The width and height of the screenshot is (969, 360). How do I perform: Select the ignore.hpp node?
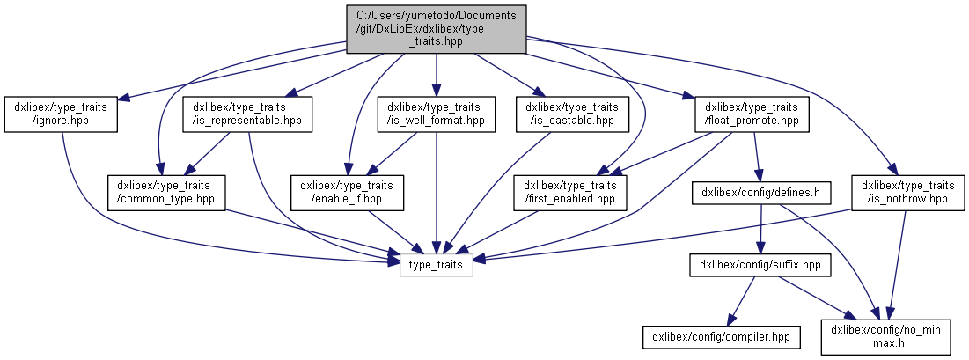(x=61, y=114)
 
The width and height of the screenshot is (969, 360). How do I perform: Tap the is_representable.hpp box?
(x=247, y=114)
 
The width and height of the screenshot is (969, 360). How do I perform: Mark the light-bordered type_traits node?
(x=437, y=263)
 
